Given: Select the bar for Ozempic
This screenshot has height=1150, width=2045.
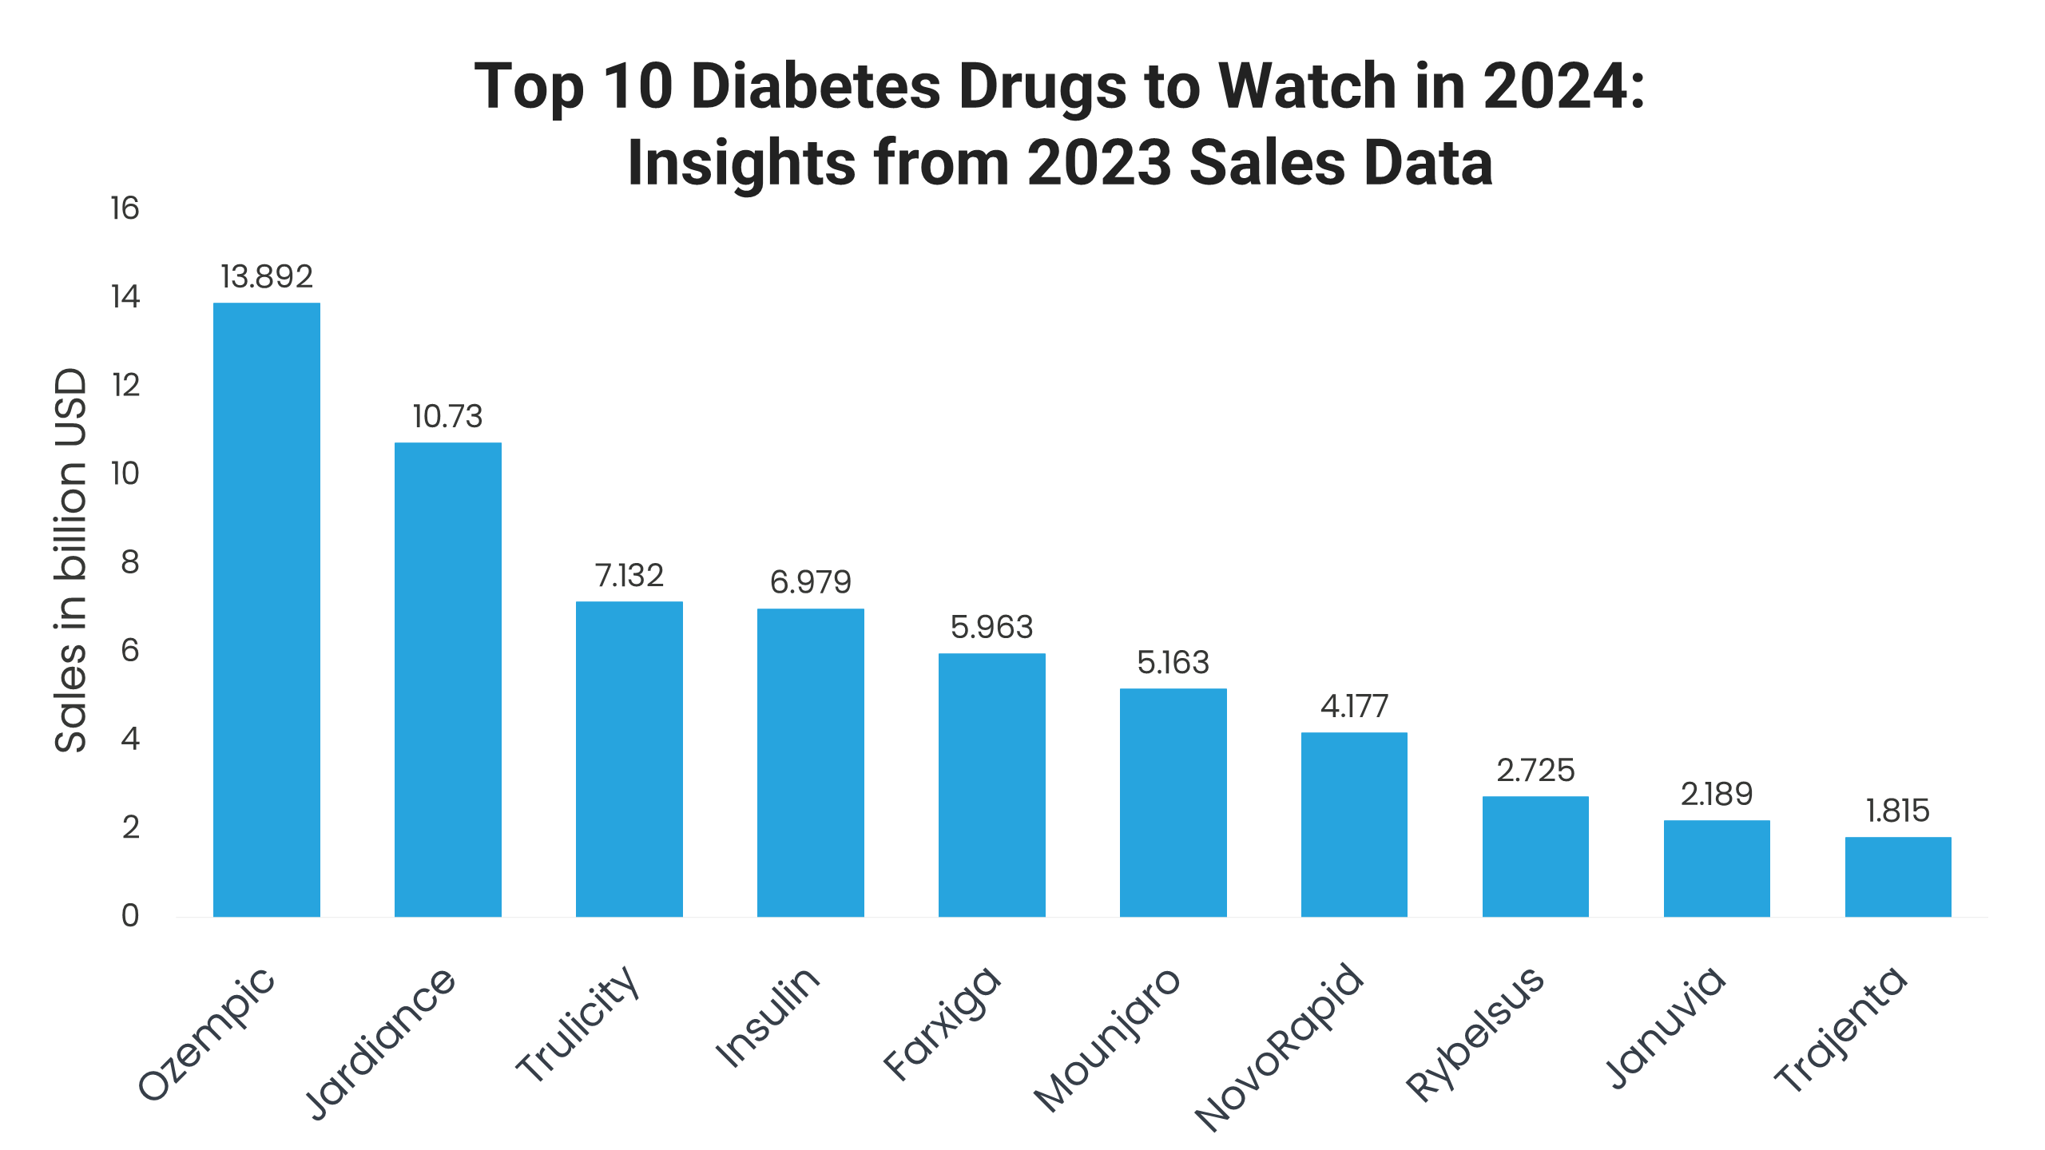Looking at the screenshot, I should [267, 609].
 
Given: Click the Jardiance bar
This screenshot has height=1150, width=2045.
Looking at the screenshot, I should [448, 679].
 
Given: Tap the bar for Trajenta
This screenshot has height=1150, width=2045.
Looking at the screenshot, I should [1898, 876].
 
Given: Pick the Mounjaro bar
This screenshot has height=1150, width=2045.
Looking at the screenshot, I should [1173, 802].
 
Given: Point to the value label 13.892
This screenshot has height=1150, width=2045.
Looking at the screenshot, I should [267, 276].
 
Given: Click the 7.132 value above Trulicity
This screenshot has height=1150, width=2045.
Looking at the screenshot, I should [629, 575].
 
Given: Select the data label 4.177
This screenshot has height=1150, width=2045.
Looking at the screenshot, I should [1354, 706].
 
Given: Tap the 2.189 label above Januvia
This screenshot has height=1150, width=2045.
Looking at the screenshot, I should [1717, 794].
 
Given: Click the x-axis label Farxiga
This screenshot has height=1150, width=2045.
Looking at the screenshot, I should [943, 1024].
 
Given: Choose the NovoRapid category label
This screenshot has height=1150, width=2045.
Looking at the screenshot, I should [1280, 1048].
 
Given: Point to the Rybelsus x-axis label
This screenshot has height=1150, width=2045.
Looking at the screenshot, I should [1475, 1033].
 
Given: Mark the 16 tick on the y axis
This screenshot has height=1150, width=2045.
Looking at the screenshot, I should [125, 208].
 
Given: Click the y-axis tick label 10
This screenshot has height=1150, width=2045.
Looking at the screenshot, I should [125, 474].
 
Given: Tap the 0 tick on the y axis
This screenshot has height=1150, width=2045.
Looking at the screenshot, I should [130, 915].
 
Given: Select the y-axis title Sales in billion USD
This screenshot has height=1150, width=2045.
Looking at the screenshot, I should [70, 561].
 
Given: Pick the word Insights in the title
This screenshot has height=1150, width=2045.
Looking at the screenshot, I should [741, 163].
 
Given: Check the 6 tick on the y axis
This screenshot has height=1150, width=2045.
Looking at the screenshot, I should [130, 650].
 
